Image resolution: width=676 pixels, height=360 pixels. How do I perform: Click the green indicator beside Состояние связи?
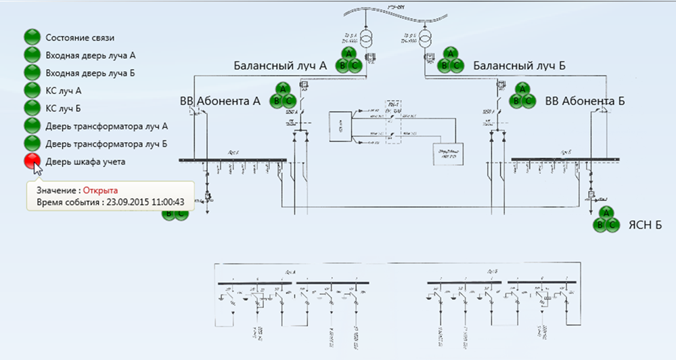[x=32, y=38]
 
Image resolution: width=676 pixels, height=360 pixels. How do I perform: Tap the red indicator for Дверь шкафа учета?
[x=32, y=161]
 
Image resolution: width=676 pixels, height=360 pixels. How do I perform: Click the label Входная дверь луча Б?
[x=86, y=72]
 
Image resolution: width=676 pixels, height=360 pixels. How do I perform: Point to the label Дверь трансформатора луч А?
[x=106, y=126]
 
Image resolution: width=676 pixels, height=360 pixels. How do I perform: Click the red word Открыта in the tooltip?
[x=101, y=192]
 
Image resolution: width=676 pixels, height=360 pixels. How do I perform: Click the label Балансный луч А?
[x=280, y=66]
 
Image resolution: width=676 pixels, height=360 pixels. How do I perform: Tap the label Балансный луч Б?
[x=519, y=66]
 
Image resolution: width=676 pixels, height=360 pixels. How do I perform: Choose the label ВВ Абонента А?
[x=220, y=101]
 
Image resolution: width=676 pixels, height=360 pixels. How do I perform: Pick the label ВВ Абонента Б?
[x=585, y=101]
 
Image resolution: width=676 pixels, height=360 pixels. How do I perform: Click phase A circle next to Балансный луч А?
[x=348, y=53]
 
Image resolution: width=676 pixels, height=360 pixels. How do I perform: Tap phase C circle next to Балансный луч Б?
[x=456, y=65]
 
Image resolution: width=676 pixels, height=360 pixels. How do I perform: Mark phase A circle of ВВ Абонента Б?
[x=522, y=89]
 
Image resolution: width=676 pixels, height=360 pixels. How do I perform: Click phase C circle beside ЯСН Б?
[x=612, y=225]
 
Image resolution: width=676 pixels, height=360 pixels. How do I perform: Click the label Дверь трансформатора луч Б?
[x=106, y=143]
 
